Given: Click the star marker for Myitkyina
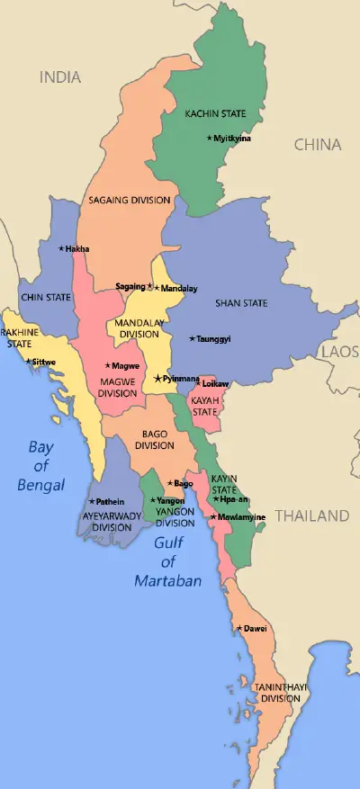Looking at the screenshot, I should tap(210, 138).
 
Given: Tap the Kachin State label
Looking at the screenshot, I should tap(215, 114).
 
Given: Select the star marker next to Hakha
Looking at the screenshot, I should tap(61, 248).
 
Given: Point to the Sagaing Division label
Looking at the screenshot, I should tap(130, 200).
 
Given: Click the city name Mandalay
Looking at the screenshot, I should tap(179, 288).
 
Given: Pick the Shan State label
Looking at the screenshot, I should tap(241, 303).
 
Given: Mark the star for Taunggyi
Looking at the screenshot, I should tap(192, 338).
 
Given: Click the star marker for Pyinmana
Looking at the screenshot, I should tap(157, 379).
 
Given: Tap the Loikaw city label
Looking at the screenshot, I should tap(216, 384).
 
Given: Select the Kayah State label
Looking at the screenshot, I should tap(205, 406).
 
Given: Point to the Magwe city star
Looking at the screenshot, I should tap(108, 365).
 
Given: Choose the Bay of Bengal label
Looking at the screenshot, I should tap(41, 465).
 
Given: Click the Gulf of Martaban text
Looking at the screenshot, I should tap(167, 561).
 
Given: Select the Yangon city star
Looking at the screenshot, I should tap(153, 500).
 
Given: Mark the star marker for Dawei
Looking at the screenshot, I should tap(238, 628).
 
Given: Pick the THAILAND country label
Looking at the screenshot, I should tap(311, 516).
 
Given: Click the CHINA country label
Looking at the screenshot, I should tap(318, 144).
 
